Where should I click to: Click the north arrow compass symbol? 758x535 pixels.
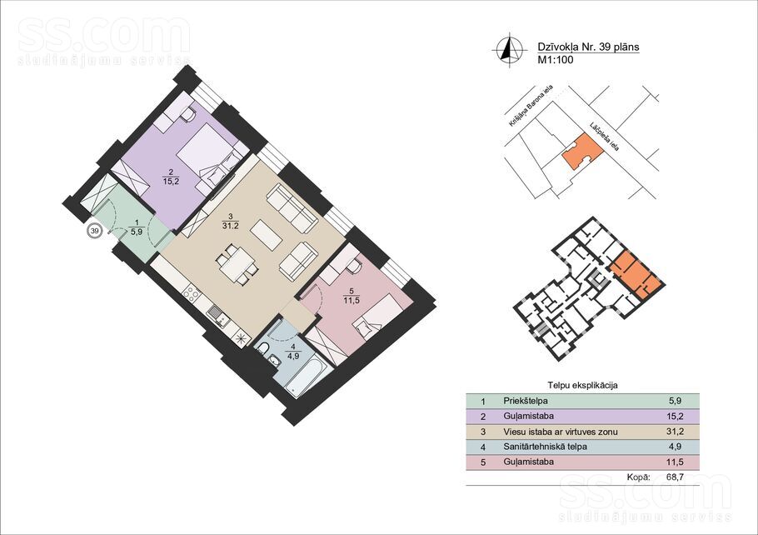click(509, 50)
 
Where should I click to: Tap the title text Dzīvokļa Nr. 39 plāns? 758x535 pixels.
click(588, 47)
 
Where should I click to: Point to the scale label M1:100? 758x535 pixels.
click(556, 60)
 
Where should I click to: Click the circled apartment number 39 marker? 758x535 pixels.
click(95, 231)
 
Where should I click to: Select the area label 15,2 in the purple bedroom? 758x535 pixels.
click(171, 182)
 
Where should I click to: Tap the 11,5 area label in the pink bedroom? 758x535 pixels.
click(351, 300)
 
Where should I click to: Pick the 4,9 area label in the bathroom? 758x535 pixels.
click(293, 356)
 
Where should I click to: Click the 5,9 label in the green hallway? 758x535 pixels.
click(137, 232)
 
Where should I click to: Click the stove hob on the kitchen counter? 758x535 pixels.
click(191, 293)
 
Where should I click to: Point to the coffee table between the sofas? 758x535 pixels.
click(266, 235)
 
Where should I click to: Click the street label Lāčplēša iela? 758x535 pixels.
click(604, 136)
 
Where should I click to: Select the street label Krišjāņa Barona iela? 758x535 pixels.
click(531, 106)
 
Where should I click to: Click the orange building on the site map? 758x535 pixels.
click(582, 151)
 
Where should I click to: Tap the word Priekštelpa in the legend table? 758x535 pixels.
click(526, 401)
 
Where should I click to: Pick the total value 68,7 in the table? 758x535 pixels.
click(675, 477)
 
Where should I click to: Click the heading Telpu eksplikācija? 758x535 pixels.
click(582, 386)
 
